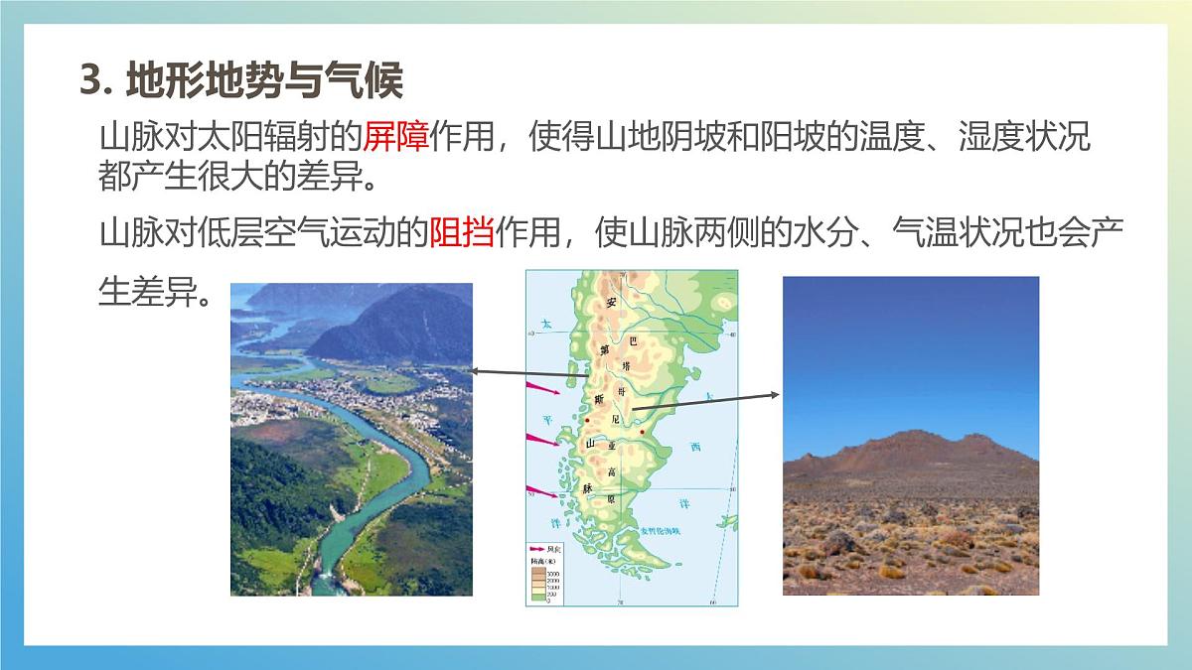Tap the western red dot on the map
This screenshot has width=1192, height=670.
click(x=587, y=420)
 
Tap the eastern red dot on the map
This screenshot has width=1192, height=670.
click(x=643, y=432)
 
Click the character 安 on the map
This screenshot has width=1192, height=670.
click(x=612, y=302)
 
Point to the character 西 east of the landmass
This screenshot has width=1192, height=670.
click(x=695, y=448)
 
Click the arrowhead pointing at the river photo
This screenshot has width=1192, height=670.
click(x=474, y=371)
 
